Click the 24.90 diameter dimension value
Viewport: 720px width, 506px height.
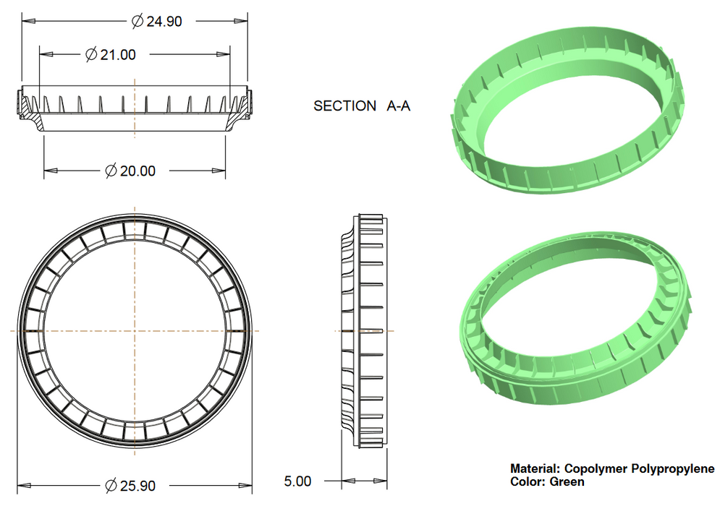click(164, 21)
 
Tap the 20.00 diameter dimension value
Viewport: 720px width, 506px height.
click(137, 171)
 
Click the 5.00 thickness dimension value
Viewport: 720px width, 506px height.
click(297, 481)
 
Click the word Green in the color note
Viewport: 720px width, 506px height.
click(567, 481)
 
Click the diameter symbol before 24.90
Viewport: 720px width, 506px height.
click(137, 21)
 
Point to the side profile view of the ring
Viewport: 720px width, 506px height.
click(365, 330)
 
